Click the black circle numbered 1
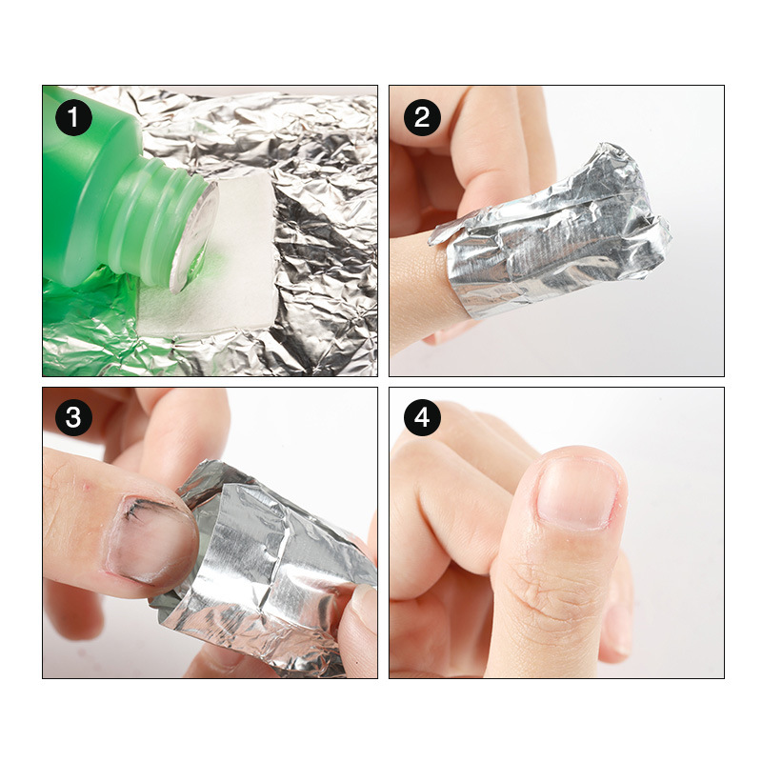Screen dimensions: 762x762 pos(73,117)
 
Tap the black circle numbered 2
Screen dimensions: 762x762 pos(422,117)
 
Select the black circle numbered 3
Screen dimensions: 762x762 pos(73,417)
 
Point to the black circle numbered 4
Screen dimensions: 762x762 pos(422,417)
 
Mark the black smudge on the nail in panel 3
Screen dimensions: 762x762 pos(135,511)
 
